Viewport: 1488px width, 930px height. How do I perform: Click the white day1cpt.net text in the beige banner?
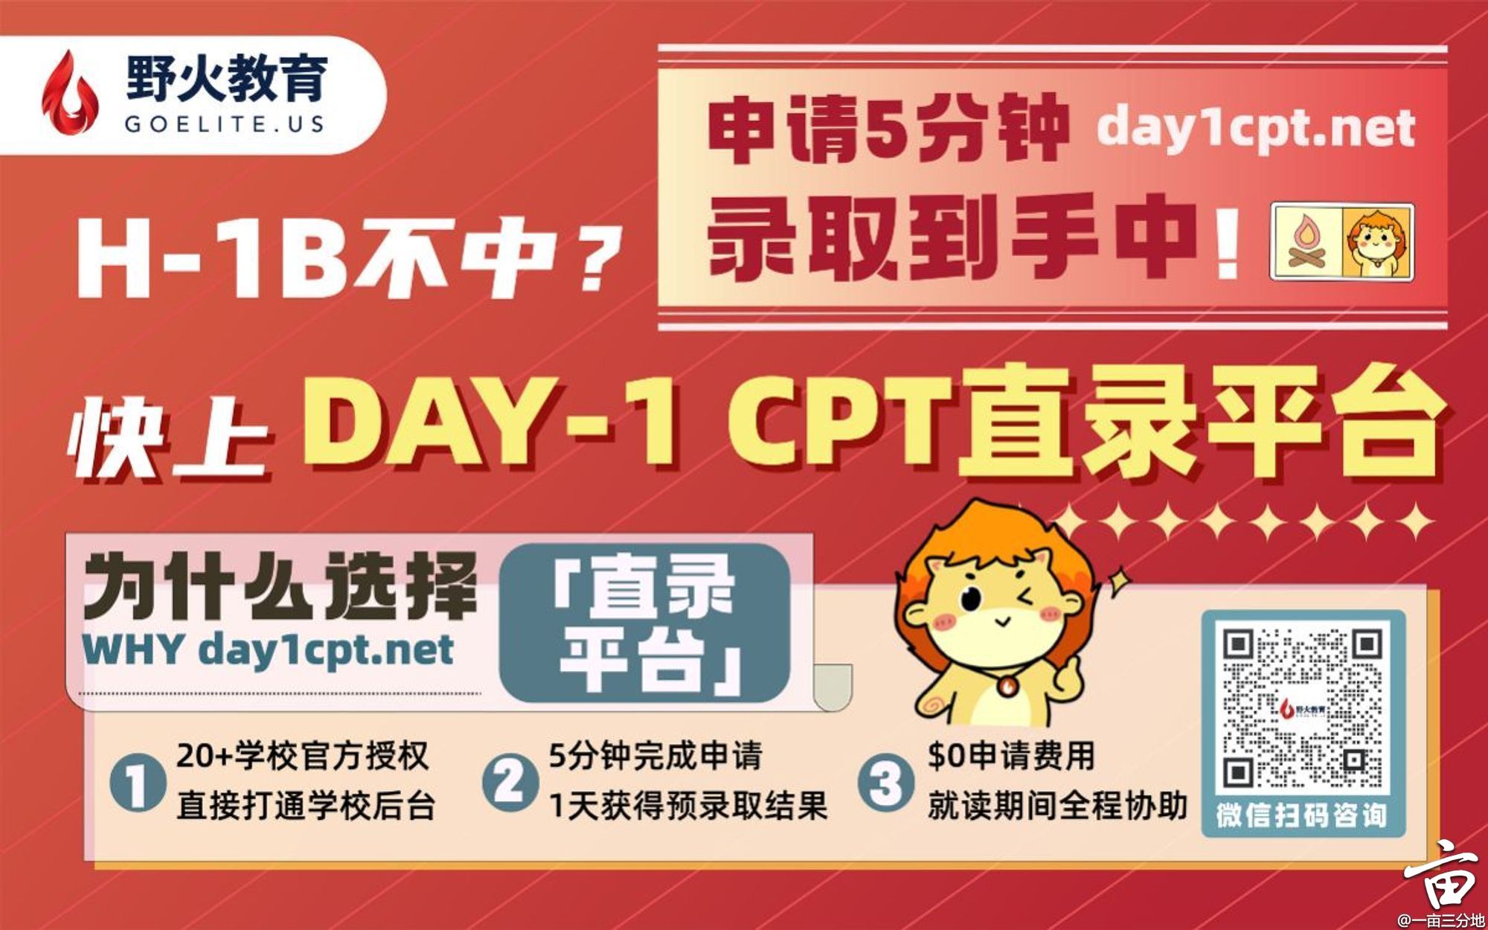[1255, 128]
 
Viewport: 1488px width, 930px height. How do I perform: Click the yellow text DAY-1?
[491, 423]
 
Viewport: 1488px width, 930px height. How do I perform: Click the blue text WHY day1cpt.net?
[268, 650]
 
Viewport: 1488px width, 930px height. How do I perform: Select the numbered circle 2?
[509, 781]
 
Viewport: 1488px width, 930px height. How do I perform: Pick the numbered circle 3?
[885, 781]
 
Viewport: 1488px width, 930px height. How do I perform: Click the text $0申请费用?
[1012, 756]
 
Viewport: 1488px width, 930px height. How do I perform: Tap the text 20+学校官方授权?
[303, 756]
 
